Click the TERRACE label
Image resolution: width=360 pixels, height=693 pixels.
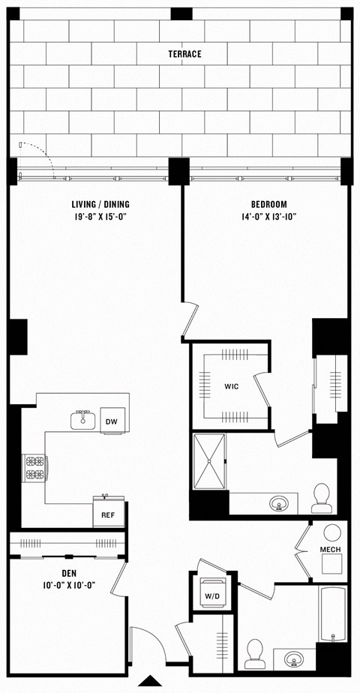tap(184, 54)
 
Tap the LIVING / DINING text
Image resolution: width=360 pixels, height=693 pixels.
tap(95, 204)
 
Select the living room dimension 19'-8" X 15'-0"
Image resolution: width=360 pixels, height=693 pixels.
tap(95, 218)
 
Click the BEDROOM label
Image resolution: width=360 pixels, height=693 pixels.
tap(268, 204)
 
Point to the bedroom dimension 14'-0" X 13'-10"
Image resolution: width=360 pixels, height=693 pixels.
tap(268, 218)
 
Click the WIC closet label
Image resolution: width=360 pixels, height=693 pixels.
tap(231, 387)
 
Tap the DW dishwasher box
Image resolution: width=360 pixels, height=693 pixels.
tap(111, 422)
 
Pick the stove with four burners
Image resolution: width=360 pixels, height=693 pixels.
tap(34, 468)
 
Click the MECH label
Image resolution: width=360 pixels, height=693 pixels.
tap(331, 550)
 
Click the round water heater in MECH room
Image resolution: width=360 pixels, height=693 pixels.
tap(331, 532)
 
